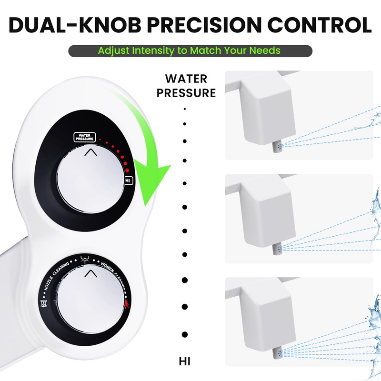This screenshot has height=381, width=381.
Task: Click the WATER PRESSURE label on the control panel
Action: (84, 137)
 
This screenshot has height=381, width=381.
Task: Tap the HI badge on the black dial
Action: (128, 181)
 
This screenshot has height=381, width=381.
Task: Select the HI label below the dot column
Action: (185, 361)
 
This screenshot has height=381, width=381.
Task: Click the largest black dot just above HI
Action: (185, 334)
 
